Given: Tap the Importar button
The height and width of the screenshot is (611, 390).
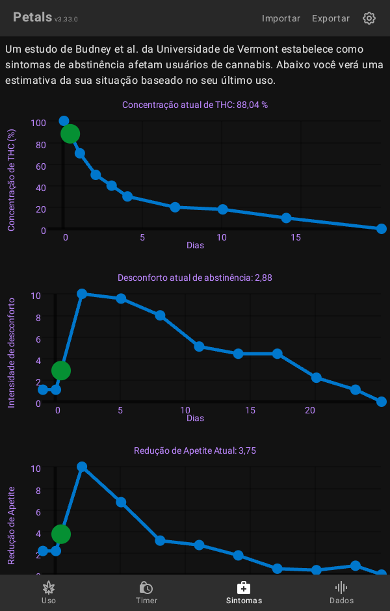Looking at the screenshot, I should tap(281, 18).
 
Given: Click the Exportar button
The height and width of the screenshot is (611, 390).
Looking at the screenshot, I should tap(330, 18).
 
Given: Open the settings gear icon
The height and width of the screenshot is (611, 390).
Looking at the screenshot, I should tap(369, 18).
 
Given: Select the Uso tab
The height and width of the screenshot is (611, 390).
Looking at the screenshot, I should tap(49, 592).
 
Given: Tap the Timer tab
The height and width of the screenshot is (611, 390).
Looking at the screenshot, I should tap(146, 592).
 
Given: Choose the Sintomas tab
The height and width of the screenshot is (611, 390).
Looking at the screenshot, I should tap(244, 592).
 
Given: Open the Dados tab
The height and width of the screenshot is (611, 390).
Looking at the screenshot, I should tap(341, 592).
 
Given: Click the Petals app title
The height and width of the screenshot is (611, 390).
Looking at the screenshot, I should tap(32, 18).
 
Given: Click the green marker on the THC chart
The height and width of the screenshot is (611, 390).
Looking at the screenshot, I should tap(70, 134).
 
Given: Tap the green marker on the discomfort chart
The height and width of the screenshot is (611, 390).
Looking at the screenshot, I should tap(61, 370).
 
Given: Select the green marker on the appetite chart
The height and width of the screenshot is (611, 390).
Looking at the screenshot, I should tap(61, 534).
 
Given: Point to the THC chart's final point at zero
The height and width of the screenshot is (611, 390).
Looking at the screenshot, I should tap(382, 229).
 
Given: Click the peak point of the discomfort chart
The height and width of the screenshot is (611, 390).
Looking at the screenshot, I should tap(82, 294).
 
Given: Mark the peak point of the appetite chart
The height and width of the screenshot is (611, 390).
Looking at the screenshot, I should tap(82, 467).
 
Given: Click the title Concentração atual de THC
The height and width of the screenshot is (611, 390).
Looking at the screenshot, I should tap(195, 105).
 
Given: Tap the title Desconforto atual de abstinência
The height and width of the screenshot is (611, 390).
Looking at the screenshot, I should tap(195, 278).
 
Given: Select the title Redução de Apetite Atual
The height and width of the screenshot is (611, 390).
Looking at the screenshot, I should tap(195, 450).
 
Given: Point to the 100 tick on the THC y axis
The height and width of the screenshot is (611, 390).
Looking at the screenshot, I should tap(38, 123).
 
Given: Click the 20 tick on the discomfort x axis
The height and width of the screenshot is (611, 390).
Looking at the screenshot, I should tap(310, 410).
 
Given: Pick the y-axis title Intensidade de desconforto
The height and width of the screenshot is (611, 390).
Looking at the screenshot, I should tap(11, 353).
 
